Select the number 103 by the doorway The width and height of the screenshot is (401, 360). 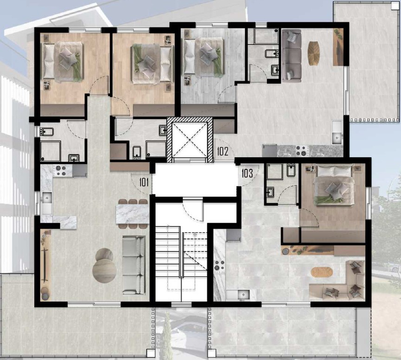247,174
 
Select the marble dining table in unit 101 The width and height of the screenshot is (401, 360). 133,214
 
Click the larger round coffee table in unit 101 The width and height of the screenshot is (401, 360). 104,270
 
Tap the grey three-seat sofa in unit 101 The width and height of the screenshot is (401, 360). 134,265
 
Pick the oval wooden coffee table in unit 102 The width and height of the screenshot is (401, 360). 314,53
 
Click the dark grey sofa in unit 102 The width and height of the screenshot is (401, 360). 291,55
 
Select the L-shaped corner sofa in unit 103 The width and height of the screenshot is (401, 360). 343,283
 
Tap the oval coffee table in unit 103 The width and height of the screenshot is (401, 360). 319,272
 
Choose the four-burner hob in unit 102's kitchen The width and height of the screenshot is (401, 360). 302,151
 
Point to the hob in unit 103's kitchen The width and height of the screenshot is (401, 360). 219,267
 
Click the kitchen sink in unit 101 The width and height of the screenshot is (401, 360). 46,198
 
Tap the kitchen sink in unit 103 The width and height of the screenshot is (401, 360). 240,294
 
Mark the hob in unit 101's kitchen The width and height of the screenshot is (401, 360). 61,171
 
